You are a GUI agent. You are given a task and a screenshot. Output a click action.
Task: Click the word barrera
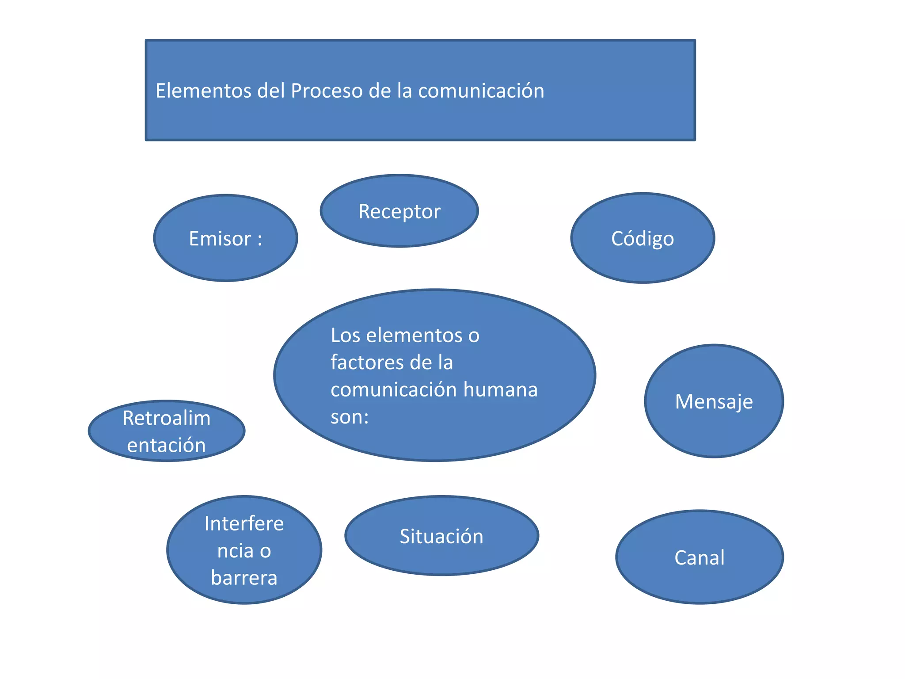(x=244, y=578)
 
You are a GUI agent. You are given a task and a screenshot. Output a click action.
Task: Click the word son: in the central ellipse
(x=350, y=416)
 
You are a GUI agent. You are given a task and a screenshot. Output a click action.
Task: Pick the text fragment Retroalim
(x=167, y=418)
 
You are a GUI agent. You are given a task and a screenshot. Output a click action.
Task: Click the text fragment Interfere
(x=244, y=523)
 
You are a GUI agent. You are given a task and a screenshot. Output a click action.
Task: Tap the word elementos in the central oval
(x=414, y=335)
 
